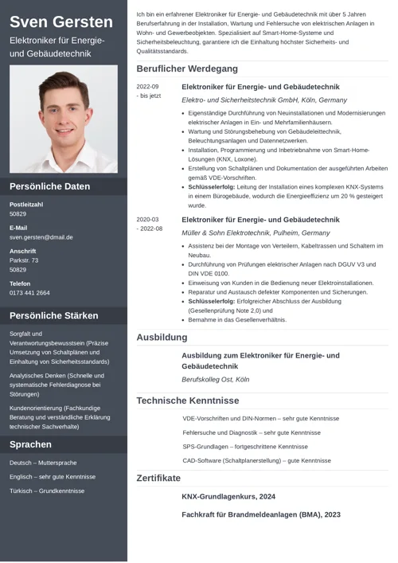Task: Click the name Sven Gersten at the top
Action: tap(61, 22)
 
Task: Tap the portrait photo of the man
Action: tap(64, 119)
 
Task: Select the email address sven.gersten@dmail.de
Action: tap(41, 237)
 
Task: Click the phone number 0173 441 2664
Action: tap(29, 293)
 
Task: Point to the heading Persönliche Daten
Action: tap(49, 186)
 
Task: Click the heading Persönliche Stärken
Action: tap(54, 315)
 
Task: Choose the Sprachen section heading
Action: tap(30, 444)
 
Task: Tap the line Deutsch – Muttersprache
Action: tap(43, 463)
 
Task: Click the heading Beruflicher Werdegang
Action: tap(187, 69)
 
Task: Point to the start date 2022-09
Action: tap(147, 87)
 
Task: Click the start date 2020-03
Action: tap(147, 220)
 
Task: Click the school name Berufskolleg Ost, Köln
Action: tap(215, 380)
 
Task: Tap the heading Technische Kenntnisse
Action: tap(187, 401)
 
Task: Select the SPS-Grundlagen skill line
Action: tap(244, 447)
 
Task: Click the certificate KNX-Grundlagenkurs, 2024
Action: tap(228, 496)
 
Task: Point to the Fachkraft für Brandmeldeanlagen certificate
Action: tap(260, 514)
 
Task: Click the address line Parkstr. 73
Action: tap(24, 260)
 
